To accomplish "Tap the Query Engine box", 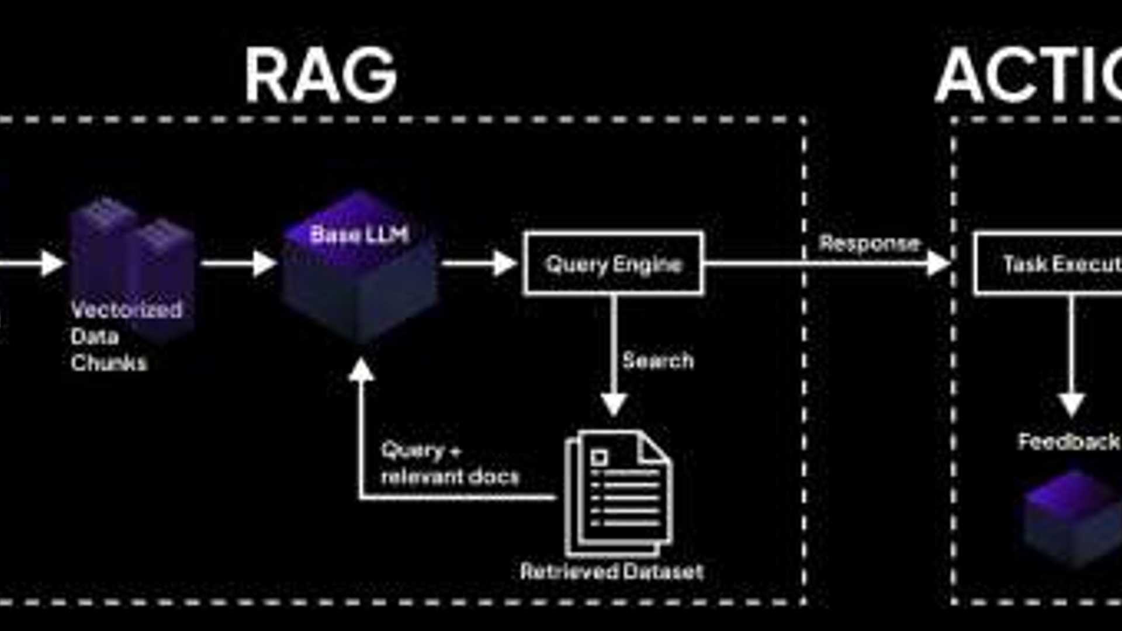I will point(613,264).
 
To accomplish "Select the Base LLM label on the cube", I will point(359,234).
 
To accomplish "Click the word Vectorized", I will point(126,310).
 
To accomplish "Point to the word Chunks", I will point(109,363).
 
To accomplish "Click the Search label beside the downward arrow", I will point(658,360).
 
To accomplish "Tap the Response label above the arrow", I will point(869,243).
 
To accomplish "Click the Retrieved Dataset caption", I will point(611,571).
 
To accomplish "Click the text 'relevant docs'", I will point(449,477).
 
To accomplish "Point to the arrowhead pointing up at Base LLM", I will point(361,370).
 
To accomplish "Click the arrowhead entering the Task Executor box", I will point(938,264).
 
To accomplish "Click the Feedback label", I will point(1068,442).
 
